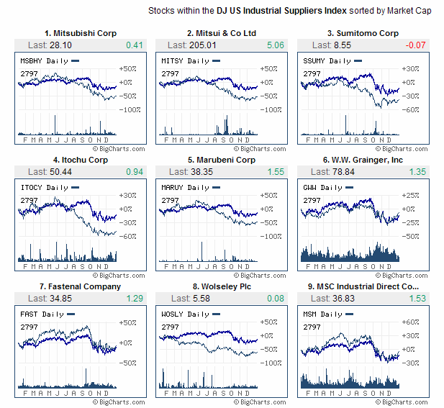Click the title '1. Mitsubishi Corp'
tap(81, 33)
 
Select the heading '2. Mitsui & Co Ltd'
tap(222, 33)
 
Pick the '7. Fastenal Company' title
tap(81, 286)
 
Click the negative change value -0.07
tap(415, 45)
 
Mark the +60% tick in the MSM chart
tap(410, 322)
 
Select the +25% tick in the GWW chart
tap(410, 195)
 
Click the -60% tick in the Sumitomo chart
tap(410, 109)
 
